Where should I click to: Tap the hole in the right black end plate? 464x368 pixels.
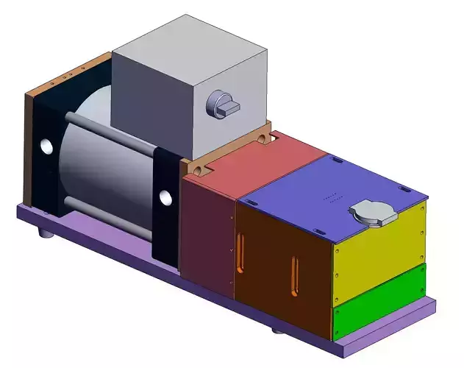pos(165,198)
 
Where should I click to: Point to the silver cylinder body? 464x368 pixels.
pos(110,166)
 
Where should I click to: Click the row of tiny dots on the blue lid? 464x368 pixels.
pos(332,197)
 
